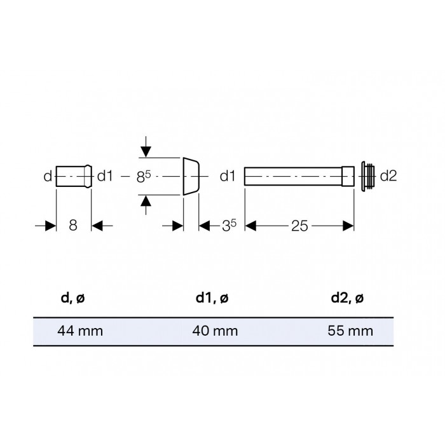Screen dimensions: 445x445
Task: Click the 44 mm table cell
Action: click(80, 331)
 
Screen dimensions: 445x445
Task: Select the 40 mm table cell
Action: click(215, 331)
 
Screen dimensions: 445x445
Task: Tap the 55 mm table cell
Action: click(350, 331)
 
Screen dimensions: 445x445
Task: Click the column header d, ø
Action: click(72, 298)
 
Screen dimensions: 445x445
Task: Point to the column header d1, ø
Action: click(212, 298)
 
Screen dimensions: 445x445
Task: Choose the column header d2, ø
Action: click(347, 298)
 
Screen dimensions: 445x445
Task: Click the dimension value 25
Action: click(299, 226)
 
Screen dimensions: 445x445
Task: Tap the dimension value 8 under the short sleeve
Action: click(73, 225)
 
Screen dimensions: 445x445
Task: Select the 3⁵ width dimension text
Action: click(229, 226)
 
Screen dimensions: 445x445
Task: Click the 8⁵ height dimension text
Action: click(143, 177)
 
